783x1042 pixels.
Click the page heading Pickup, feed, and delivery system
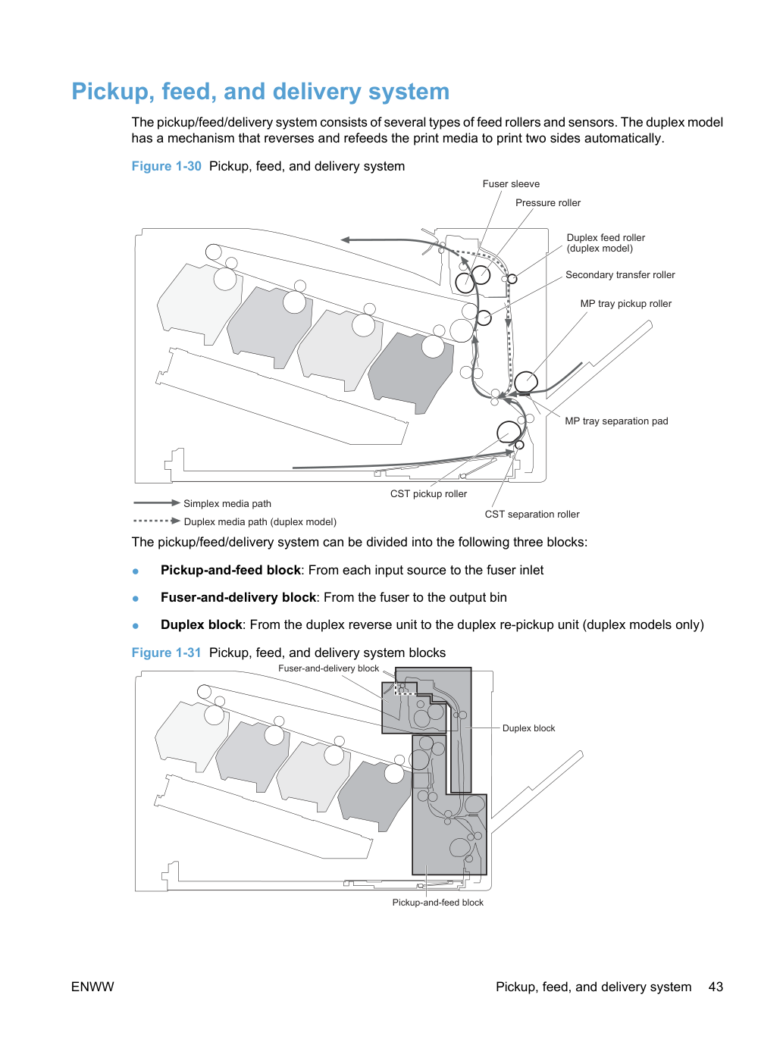(x=260, y=92)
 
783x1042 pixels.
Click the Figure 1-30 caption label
(x=166, y=166)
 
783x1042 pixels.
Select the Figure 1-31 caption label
(x=166, y=652)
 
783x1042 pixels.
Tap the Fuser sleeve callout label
(x=511, y=183)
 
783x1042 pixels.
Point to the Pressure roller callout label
(x=548, y=202)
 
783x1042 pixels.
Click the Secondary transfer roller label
(x=620, y=275)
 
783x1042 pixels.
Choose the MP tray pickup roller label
(x=626, y=303)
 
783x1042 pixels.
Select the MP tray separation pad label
(x=616, y=421)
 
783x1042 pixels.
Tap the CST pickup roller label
(x=428, y=493)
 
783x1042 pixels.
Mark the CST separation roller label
(x=532, y=514)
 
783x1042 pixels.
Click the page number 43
(x=716, y=987)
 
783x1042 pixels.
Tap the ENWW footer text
(x=92, y=987)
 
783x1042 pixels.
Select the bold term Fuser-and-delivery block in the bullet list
(x=238, y=597)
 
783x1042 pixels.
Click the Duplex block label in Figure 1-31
(x=528, y=728)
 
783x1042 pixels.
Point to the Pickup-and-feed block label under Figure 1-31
(x=438, y=903)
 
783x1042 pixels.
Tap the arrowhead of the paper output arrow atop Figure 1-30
(x=345, y=239)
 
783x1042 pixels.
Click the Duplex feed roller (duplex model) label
(x=606, y=243)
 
